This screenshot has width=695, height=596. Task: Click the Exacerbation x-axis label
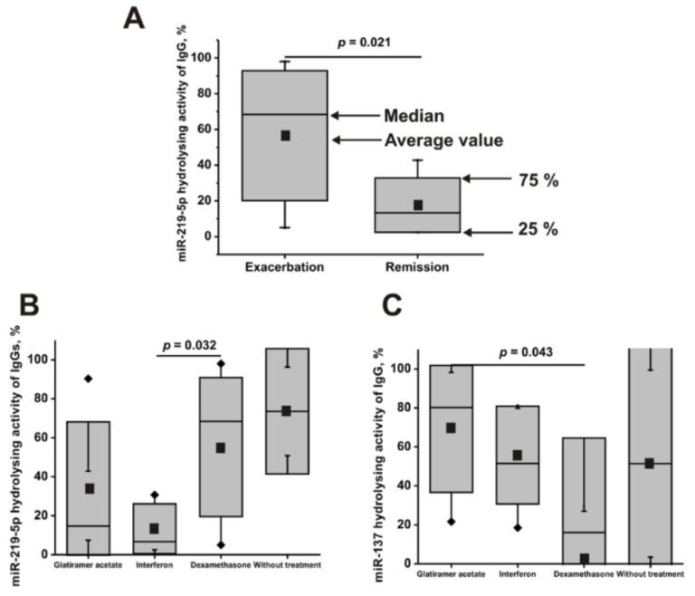point(285,268)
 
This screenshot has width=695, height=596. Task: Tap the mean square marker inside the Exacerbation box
point(285,136)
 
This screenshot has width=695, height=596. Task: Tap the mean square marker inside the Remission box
point(417,205)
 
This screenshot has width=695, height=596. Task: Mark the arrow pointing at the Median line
point(354,116)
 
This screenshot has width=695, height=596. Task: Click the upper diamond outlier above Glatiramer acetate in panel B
point(88,379)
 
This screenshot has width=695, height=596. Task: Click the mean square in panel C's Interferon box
point(518,456)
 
